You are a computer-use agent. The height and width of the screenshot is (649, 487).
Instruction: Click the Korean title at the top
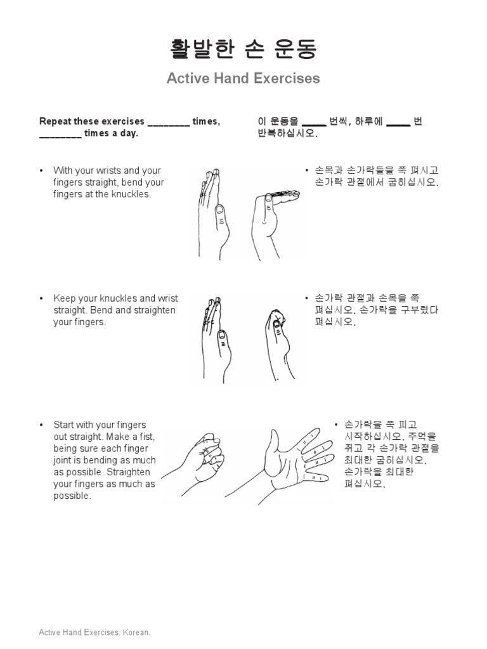click(x=243, y=49)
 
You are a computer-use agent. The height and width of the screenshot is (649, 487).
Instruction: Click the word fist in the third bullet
click(x=147, y=437)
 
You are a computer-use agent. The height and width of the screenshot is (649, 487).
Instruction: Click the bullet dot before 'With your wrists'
click(x=41, y=170)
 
